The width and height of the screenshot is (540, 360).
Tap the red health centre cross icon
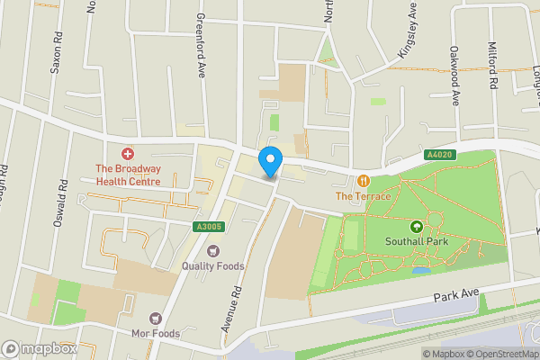click(x=128, y=155)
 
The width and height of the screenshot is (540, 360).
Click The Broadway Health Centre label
click(x=128, y=175)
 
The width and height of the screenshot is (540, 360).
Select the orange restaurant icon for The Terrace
click(x=364, y=180)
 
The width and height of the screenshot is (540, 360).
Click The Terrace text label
click(x=364, y=196)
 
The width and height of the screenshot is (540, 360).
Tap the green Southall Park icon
click(x=417, y=227)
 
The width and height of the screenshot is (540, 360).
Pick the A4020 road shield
click(x=438, y=155)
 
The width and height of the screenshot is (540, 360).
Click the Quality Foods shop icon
click(x=213, y=250)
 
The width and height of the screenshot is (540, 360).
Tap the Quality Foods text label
click(x=212, y=266)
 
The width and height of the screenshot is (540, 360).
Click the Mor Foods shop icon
click(x=155, y=318)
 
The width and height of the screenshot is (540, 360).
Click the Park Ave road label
click(x=456, y=296)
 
